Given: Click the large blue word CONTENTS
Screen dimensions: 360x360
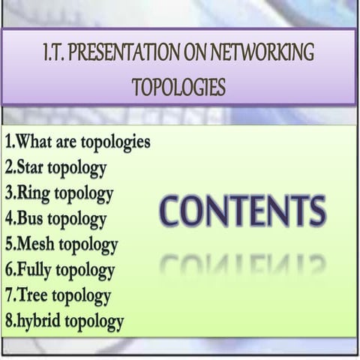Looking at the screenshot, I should click(x=242, y=212).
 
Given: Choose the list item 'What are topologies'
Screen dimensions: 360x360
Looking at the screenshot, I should click(x=77, y=141).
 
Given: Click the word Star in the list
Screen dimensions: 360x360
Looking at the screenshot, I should click(x=32, y=167).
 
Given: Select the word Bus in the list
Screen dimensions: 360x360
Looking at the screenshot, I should click(x=31, y=220).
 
